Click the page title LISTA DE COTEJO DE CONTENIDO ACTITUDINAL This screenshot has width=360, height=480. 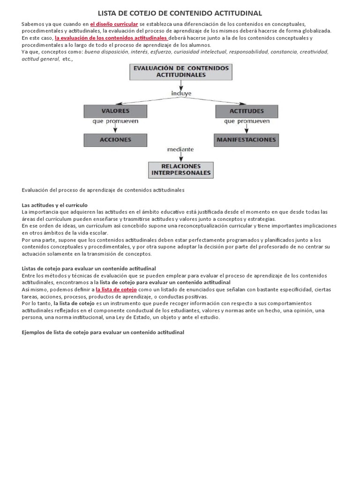[180, 13]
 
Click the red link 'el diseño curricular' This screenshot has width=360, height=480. [114, 24]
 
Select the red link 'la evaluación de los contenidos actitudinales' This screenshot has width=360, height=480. [111, 38]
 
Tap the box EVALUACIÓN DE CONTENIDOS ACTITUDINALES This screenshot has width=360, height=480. [181, 71]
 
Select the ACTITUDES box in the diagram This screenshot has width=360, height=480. [247, 111]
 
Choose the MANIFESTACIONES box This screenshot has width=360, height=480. [247, 140]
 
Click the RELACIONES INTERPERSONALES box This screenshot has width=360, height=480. [181, 170]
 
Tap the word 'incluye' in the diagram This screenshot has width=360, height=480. [181, 93]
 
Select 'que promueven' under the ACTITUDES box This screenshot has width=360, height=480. [247, 121]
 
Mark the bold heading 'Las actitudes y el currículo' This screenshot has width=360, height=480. [55, 205]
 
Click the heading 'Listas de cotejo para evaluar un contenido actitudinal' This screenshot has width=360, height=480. [89, 269]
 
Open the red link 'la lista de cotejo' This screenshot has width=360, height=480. [116, 290]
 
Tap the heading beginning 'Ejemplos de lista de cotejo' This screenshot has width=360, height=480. [103, 332]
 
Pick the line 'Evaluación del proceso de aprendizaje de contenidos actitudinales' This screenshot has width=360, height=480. [103, 190]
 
